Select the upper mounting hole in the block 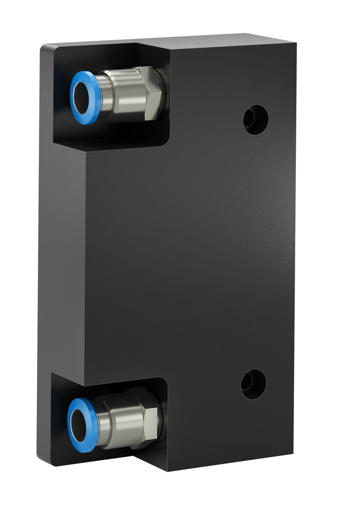256,120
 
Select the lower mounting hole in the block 253,384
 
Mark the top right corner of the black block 296,44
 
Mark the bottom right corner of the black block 292,459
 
